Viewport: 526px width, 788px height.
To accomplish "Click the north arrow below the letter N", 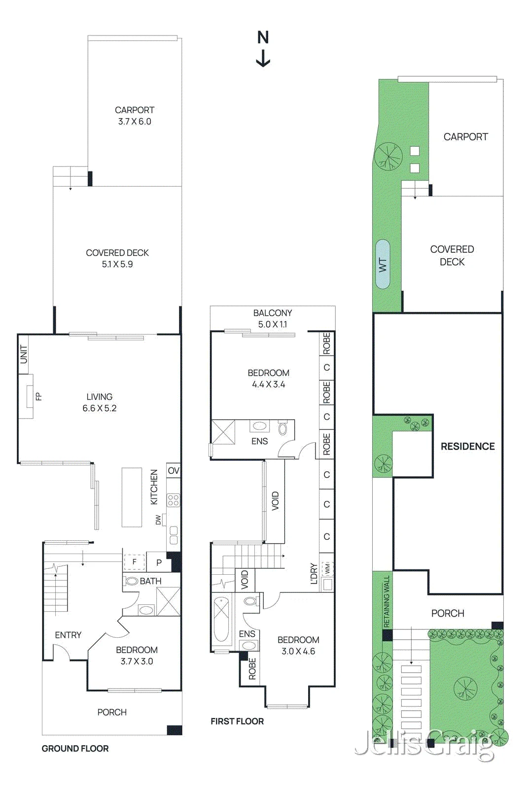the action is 263,59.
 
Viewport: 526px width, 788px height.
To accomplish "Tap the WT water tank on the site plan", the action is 383,264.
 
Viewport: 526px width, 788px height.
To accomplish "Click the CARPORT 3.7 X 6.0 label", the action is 135,116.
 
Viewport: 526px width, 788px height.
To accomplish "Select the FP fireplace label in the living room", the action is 39,396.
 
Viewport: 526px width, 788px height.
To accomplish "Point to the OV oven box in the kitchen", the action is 173,471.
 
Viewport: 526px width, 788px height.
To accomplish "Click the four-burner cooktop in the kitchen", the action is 173,500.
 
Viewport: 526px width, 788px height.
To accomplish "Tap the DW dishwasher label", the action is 158,520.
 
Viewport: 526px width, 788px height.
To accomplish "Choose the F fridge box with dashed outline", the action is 134,562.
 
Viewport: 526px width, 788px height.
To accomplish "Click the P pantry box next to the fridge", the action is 158,562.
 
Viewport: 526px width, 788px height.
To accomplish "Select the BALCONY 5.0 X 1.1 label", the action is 273,318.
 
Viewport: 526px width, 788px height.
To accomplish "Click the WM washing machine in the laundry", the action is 327,568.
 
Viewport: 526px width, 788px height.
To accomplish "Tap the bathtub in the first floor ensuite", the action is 221,620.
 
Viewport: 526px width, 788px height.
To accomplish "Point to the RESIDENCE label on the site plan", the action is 467,446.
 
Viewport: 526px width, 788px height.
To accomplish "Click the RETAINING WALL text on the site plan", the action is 386,601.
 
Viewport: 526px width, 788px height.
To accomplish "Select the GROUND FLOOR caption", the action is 75,749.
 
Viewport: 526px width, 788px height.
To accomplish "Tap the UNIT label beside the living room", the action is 23,354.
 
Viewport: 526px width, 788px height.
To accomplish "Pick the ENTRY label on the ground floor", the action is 68,635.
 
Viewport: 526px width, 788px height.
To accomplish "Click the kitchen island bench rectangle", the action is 132,497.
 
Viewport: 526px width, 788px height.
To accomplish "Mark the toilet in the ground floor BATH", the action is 131,581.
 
